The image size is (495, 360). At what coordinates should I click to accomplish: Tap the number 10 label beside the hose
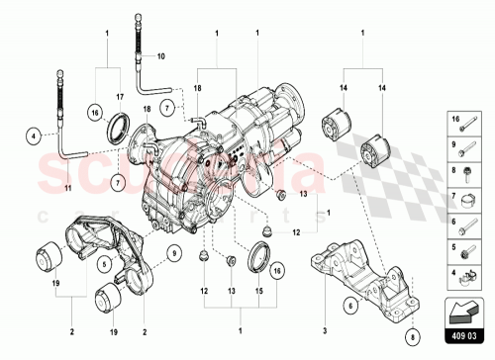(x=162, y=57)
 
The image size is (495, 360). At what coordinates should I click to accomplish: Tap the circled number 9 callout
(x=174, y=252)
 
